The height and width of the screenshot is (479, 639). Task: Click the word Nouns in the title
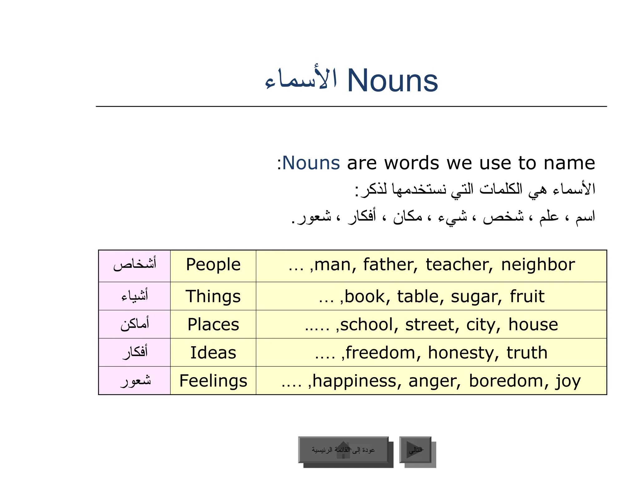[x=393, y=80]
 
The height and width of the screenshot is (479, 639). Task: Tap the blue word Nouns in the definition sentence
[x=311, y=163]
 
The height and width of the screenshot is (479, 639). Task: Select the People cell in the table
[x=213, y=265]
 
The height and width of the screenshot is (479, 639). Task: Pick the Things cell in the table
[x=213, y=296]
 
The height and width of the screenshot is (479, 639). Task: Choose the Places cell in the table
[x=213, y=324]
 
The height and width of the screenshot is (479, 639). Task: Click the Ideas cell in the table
[x=213, y=353]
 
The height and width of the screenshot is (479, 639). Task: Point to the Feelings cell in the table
[x=213, y=381]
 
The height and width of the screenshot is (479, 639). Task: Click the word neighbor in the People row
[x=538, y=265]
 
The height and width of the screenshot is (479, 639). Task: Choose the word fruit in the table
[x=527, y=297]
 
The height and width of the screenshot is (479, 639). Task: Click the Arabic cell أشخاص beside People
[x=134, y=265]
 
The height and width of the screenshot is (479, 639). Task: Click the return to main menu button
[x=343, y=450]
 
